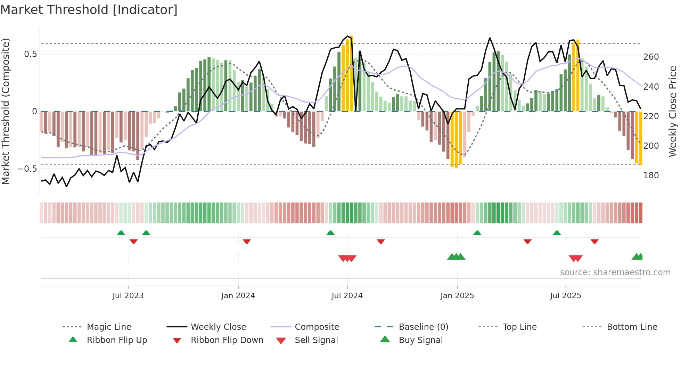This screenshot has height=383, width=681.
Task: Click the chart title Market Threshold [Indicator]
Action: (x=89, y=10)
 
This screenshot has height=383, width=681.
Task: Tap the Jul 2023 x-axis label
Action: (x=128, y=296)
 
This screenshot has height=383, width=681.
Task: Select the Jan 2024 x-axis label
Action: (x=238, y=296)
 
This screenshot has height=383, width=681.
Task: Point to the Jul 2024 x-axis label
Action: (x=347, y=296)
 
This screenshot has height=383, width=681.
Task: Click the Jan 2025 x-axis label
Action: (x=457, y=296)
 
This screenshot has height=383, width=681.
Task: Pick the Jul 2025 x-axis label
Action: (x=565, y=296)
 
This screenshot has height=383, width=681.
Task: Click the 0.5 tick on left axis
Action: (x=30, y=54)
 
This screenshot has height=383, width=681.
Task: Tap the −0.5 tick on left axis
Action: (x=27, y=169)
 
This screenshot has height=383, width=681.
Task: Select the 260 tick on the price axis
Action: (x=651, y=57)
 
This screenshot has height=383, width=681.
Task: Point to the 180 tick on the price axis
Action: (x=651, y=176)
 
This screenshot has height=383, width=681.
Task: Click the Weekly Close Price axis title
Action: (x=673, y=111)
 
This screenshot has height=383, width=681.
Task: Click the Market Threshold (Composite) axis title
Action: (x=6, y=111)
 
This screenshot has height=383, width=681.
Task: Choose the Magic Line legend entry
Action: (x=109, y=327)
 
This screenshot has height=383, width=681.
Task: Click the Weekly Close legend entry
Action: (x=218, y=327)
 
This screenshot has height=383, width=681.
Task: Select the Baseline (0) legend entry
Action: (x=423, y=327)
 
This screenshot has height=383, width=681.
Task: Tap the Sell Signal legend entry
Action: (x=316, y=340)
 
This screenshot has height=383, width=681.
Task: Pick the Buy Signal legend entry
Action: (x=420, y=340)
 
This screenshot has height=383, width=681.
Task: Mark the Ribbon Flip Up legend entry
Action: (x=117, y=340)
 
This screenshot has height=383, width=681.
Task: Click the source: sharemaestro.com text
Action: (x=615, y=272)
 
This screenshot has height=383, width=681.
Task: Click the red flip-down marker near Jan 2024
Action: (x=247, y=241)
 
